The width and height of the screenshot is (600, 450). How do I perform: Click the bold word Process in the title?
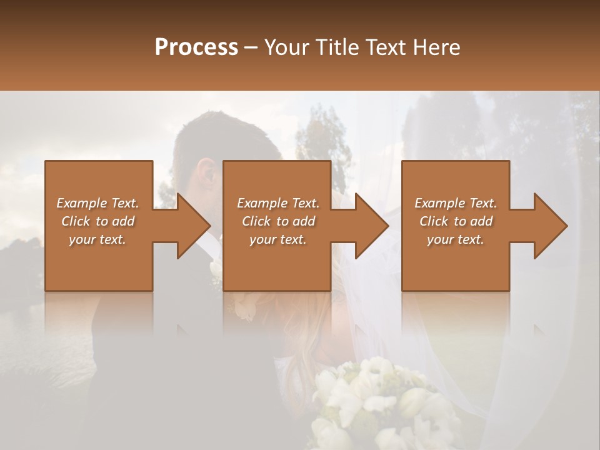(x=196, y=47)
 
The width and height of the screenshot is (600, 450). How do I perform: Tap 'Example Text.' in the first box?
(x=97, y=203)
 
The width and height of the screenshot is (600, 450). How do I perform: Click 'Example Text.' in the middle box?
(x=278, y=203)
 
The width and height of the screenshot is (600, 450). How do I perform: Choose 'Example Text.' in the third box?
(x=456, y=203)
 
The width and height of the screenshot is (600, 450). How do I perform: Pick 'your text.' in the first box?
(x=97, y=239)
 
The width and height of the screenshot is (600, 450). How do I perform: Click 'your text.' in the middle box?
(x=278, y=239)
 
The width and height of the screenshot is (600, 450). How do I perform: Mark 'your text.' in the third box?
(x=456, y=239)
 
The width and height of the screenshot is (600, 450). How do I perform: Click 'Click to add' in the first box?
(x=97, y=221)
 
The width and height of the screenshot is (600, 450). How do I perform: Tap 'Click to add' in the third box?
(x=456, y=221)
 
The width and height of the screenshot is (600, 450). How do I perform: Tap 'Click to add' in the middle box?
(x=278, y=221)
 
